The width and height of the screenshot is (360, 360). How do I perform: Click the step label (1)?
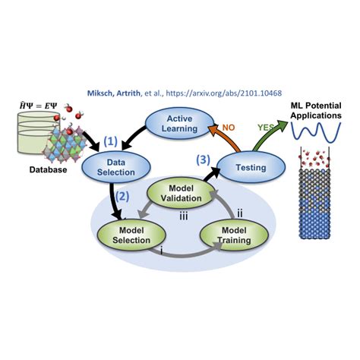112,141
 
